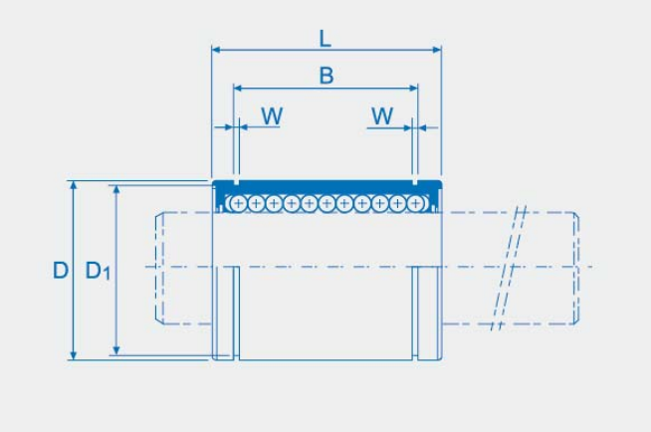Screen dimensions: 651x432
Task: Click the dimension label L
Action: click(x=325, y=39)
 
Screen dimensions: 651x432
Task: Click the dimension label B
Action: click(x=326, y=76)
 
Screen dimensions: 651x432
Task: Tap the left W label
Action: click(x=272, y=115)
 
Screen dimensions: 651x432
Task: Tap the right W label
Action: click(x=382, y=115)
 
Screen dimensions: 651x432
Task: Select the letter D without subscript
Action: click(x=61, y=271)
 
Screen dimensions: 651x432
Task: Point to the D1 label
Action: click(x=98, y=271)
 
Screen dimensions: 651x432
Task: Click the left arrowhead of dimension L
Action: click(x=216, y=50)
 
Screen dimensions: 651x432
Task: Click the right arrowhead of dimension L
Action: click(x=437, y=50)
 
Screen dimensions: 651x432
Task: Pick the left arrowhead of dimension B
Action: click(x=238, y=88)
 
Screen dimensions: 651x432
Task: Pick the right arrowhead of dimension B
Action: click(x=413, y=88)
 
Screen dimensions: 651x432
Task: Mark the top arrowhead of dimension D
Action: click(x=74, y=185)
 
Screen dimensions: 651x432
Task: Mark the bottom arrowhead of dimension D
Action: click(x=74, y=355)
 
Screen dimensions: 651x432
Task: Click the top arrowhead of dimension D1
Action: click(x=116, y=190)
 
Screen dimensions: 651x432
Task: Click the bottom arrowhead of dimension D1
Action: click(x=116, y=350)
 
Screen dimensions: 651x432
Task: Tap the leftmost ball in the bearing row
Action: click(x=238, y=203)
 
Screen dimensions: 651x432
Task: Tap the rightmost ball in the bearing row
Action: click(x=415, y=203)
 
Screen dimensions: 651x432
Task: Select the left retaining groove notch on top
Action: click(x=236, y=182)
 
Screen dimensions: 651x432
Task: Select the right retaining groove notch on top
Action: click(x=415, y=182)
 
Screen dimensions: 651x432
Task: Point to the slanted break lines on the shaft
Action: click(x=509, y=268)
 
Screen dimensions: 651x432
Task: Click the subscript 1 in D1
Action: click(x=107, y=274)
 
